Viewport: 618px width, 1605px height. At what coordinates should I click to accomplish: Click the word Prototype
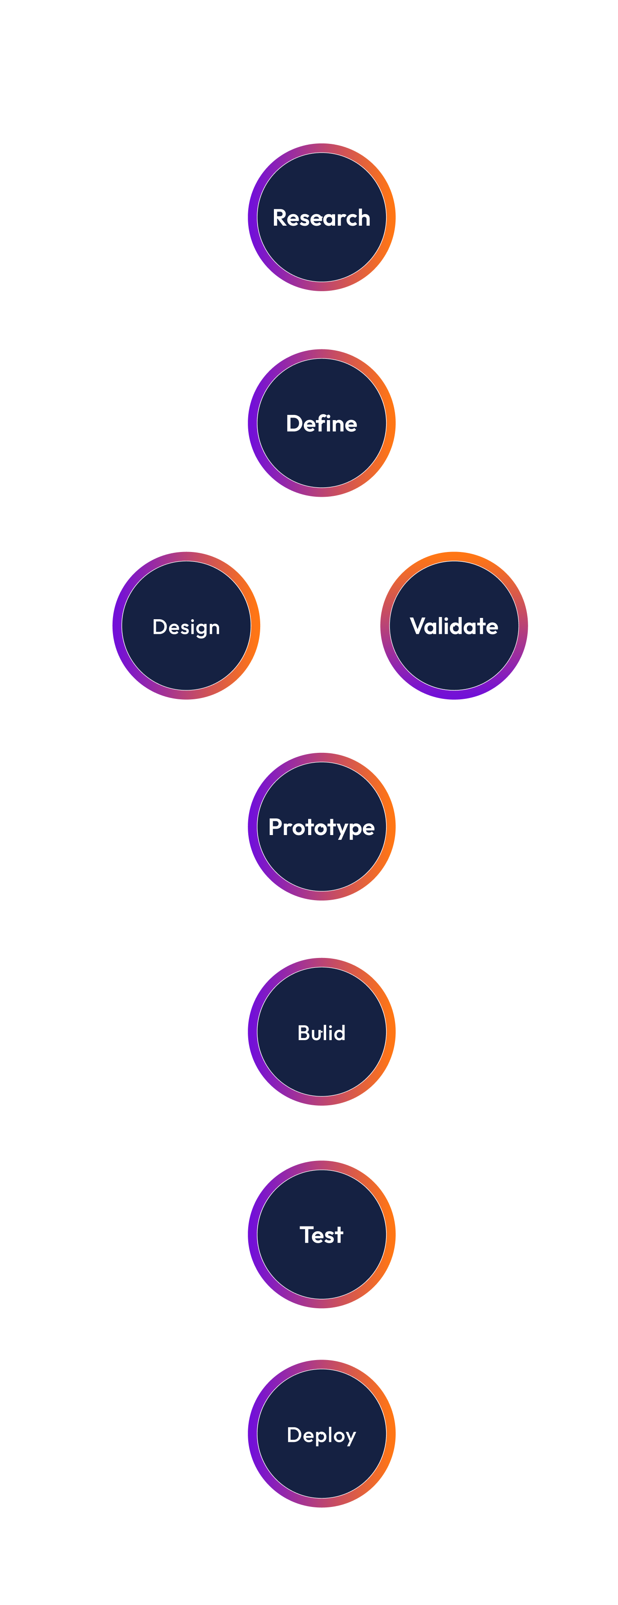321,827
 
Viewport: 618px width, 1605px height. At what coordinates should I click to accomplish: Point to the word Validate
454,626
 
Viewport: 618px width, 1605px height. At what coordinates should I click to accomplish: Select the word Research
321,218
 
